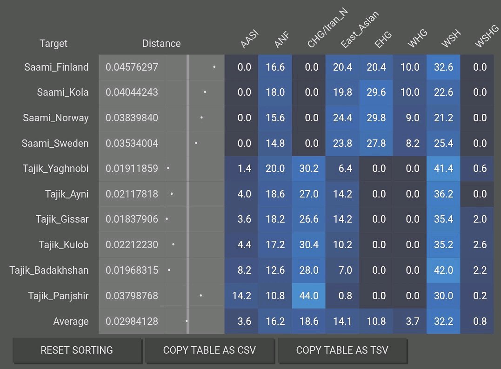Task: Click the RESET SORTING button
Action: point(77,350)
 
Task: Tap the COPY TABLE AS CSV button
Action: point(209,350)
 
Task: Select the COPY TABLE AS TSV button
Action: point(342,350)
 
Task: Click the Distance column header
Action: point(161,44)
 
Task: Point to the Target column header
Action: point(53,44)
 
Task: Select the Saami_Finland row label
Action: point(56,67)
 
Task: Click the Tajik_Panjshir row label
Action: point(58,296)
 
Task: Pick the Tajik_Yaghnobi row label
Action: point(56,169)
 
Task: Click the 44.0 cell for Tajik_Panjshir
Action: point(309,296)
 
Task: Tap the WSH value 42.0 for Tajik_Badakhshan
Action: point(443,270)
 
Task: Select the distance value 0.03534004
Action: point(132,144)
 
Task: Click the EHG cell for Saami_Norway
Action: point(376,118)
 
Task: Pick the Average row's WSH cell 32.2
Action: point(443,321)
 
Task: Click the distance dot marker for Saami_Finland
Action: point(214,67)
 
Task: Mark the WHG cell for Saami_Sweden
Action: point(409,144)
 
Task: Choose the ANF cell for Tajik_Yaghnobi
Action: point(275,169)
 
